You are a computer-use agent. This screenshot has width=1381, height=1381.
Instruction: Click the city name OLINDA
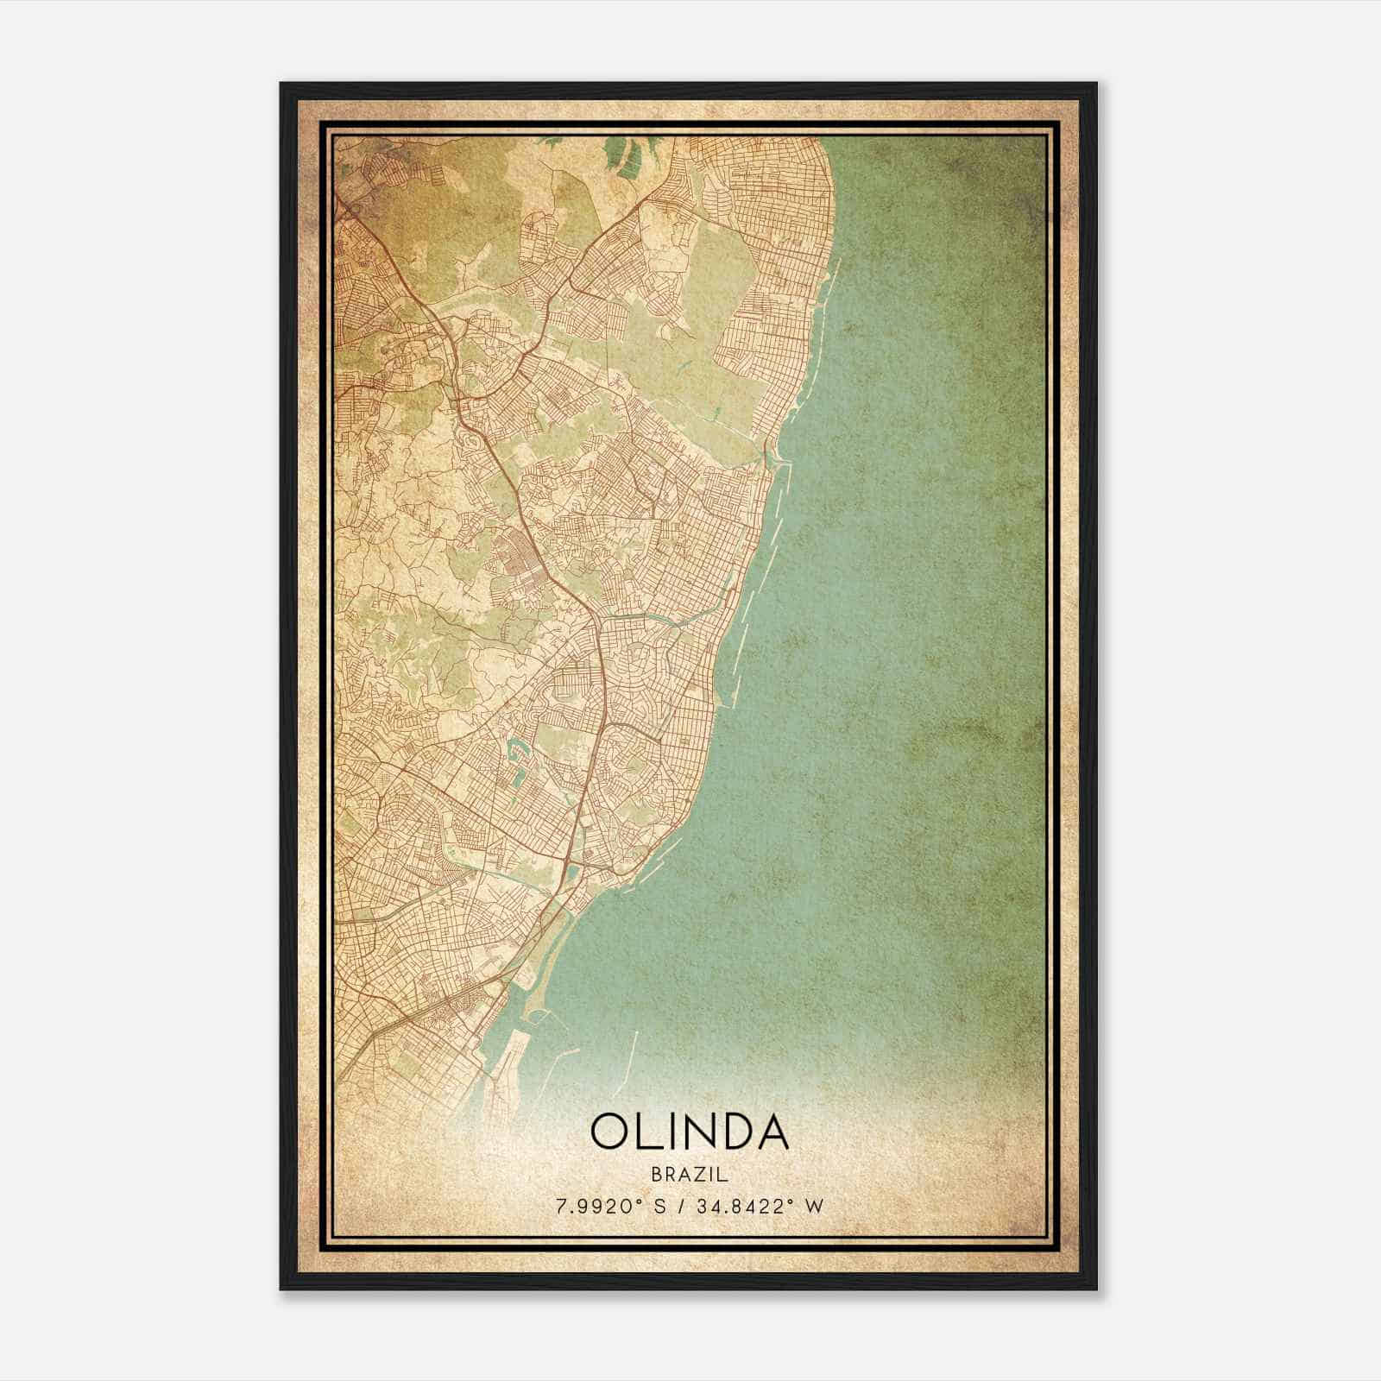pos(690,1132)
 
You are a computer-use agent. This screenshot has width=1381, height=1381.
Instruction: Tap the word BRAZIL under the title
pos(690,1175)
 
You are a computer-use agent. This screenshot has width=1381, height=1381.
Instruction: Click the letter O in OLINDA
pos(611,1132)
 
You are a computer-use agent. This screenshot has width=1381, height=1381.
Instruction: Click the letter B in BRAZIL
pos(657,1175)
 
